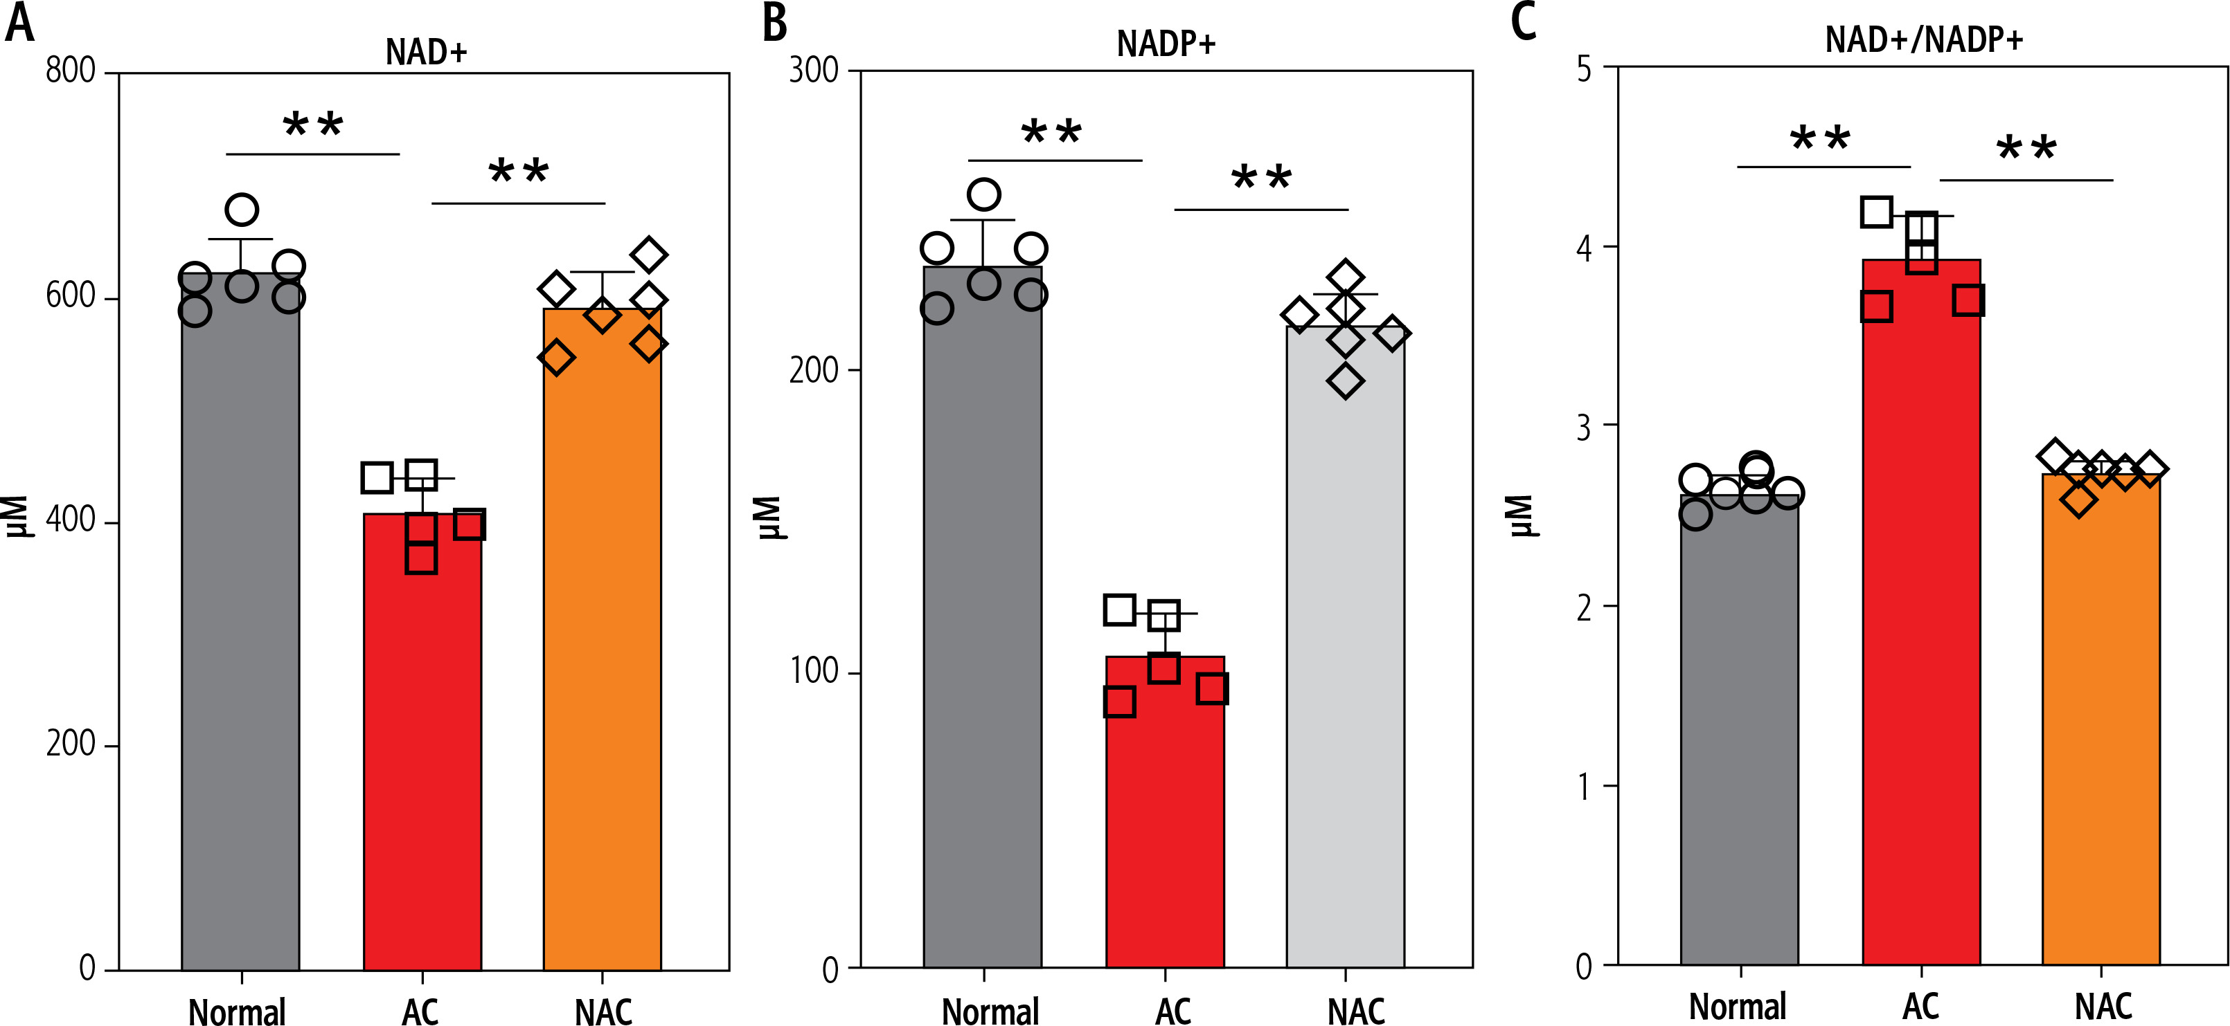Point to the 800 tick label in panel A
(70, 71)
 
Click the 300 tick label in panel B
(814, 70)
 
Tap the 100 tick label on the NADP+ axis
(814, 670)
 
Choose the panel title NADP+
(1166, 44)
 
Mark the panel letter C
(1524, 21)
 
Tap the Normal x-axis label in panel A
(237, 1010)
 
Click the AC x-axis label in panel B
(1173, 1010)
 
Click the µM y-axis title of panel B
(769, 517)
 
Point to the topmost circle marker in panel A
(242, 210)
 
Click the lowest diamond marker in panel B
(1345, 381)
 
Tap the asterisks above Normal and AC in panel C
(1820, 138)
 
